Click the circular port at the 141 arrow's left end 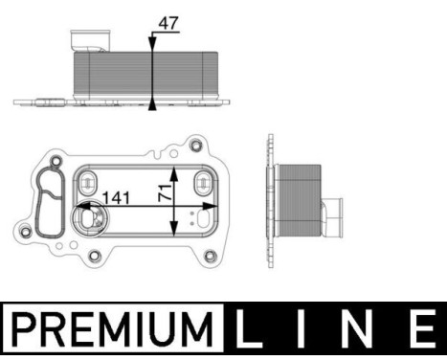click(x=90, y=218)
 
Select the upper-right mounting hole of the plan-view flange click(x=196, y=146)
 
